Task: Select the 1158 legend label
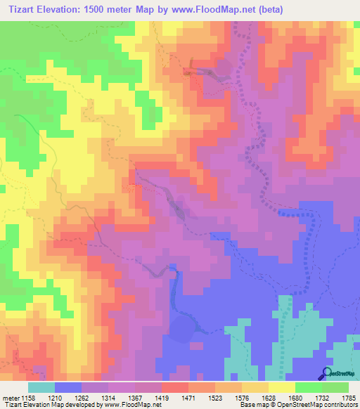tap(30, 398)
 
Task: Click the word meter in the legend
tap(11, 398)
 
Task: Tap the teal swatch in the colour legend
tap(41, 387)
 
